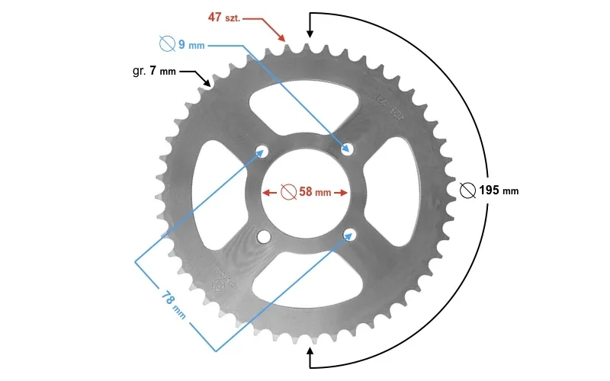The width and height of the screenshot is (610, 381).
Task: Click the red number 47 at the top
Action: click(215, 17)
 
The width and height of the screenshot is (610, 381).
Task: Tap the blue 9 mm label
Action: click(191, 45)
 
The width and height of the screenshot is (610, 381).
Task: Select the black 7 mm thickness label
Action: click(162, 71)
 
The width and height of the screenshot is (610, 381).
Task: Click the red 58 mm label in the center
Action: click(315, 192)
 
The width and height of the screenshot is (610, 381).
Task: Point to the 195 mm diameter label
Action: click(499, 190)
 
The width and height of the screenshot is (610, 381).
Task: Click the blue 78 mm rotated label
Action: click(173, 306)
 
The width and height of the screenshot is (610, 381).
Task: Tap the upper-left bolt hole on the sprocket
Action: click(262, 151)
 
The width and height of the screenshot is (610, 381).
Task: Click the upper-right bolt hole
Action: click(347, 149)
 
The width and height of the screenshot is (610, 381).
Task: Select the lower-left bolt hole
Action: click(264, 236)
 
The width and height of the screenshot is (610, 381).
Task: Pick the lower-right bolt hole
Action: click(349, 234)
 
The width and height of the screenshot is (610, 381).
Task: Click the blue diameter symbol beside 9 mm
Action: click(167, 43)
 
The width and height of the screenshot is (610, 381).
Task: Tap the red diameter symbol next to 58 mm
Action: click(289, 192)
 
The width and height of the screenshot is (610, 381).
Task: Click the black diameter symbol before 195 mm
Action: click(467, 190)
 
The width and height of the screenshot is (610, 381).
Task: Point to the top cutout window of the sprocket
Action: click(303, 105)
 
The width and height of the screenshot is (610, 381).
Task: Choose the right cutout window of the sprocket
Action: click(391, 192)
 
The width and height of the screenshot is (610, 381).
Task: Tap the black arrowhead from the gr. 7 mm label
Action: click(206, 82)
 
